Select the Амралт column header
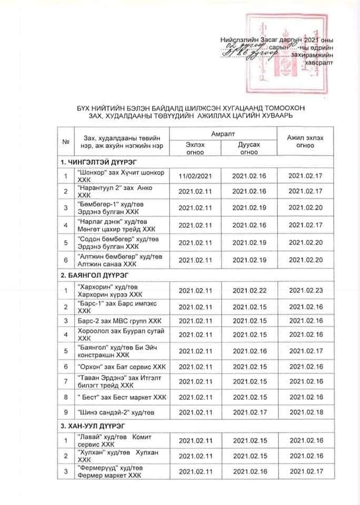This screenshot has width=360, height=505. (221, 136)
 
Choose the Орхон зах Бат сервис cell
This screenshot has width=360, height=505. (114, 366)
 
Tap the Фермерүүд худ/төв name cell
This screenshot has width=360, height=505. (110, 471)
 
